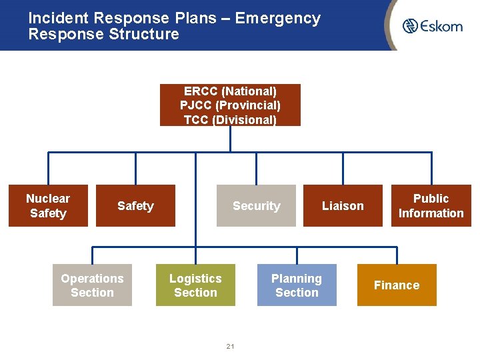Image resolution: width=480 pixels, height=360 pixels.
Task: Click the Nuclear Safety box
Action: click(48, 206)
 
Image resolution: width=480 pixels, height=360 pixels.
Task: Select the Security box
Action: click(256, 206)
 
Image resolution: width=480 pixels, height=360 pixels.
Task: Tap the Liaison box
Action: click(343, 206)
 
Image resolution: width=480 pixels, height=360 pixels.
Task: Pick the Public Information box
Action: click(431, 206)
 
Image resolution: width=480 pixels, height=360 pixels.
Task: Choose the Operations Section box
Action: click(92, 285)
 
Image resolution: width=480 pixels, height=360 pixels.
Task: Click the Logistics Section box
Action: click(195, 285)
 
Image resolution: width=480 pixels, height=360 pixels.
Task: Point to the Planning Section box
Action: click(297, 285)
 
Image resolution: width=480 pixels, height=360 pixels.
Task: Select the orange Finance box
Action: click(397, 285)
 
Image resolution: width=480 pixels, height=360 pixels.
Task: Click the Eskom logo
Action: click(432, 26)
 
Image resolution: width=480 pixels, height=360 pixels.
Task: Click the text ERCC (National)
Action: click(230, 91)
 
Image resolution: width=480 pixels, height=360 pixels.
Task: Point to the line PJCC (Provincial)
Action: click(230, 105)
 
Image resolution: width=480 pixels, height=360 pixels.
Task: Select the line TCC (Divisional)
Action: click(230, 120)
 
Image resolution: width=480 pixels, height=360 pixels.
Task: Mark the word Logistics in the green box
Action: click(195, 279)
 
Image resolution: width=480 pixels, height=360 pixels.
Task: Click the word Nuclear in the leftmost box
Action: click(48, 199)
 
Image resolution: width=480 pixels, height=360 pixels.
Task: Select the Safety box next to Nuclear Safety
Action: click(135, 206)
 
